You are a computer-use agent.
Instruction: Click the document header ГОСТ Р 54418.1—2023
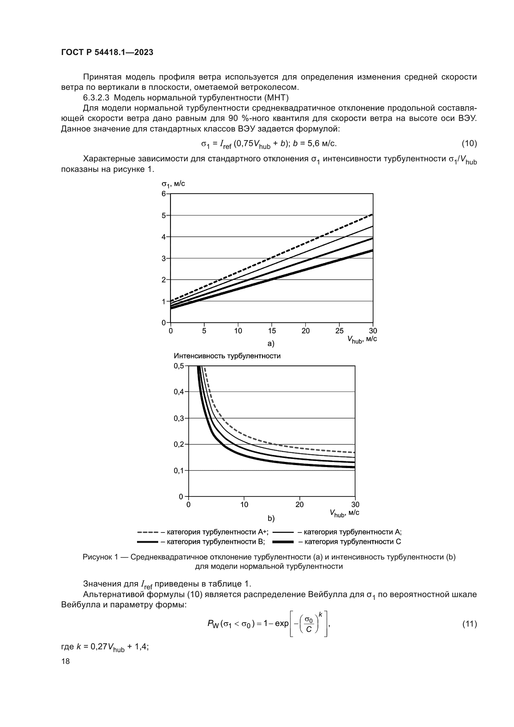(x=107, y=52)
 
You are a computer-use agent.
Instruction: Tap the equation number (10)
(x=469, y=143)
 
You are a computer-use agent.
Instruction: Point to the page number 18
(x=66, y=661)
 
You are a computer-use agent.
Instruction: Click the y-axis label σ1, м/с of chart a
(x=173, y=184)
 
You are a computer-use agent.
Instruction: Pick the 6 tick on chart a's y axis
(x=164, y=193)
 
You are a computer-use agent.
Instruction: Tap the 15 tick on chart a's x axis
(x=272, y=331)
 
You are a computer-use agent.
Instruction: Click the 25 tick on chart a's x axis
(x=339, y=331)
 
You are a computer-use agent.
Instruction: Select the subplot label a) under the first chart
(x=271, y=343)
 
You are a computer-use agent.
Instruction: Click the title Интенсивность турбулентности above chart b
(x=227, y=356)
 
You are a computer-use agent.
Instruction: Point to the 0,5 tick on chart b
(x=178, y=366)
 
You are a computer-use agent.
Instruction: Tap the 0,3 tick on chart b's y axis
(x=178, y=418)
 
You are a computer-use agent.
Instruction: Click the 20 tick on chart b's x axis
(x=299, y=505)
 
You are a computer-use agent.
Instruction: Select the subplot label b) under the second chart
(x=271, y=518)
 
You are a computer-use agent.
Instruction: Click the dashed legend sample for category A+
(x=148, y=532)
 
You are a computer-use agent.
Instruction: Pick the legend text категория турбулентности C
(x=350, y=542)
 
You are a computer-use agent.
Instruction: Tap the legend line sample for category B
(x=148, y=542)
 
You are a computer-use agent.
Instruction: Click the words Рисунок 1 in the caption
(x=101, y=557)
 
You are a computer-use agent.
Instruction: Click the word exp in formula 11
(x=281, y=623)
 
